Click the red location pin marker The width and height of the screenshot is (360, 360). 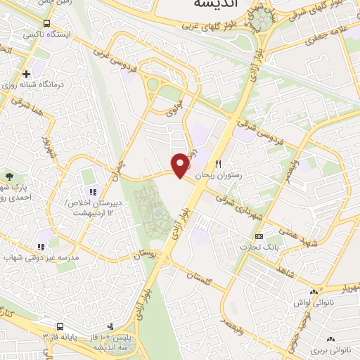[x=181, y=165]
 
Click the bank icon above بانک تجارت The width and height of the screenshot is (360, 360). [x=259, y=236]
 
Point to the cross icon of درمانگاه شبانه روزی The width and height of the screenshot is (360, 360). [x=27, y=73]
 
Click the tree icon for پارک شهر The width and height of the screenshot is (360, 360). [x=9, y=176]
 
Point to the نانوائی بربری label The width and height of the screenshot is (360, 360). [x=333, y=349]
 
